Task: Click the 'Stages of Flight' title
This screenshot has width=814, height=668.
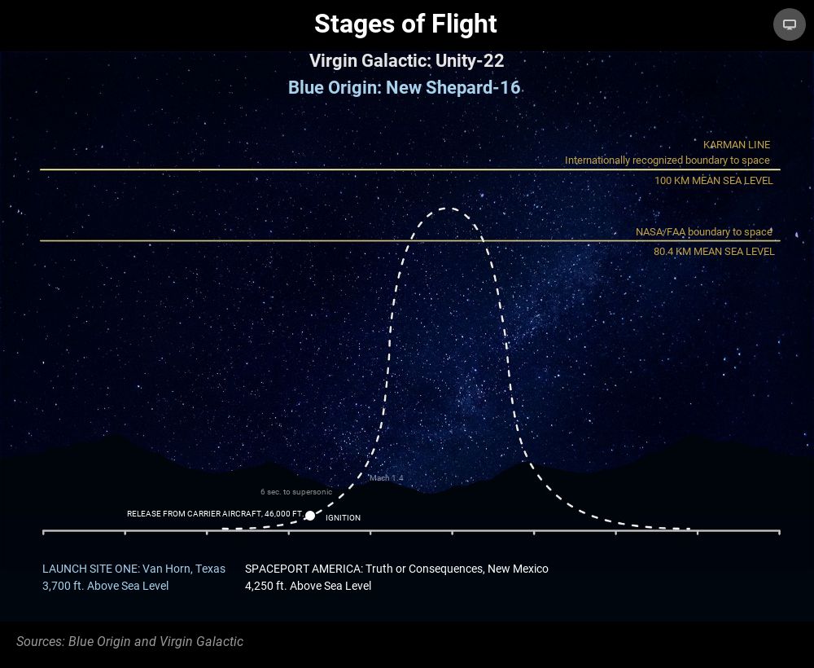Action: point(405,24)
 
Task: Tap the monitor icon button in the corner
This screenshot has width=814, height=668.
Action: point(789,24)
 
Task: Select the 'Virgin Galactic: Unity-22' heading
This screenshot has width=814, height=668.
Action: point(406,61)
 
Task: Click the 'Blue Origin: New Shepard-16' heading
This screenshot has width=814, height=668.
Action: point(404,87)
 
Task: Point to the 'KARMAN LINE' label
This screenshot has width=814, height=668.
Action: point(737,145)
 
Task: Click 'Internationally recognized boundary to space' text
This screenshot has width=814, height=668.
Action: point(667,160)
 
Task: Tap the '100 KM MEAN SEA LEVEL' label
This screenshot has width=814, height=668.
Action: point(713,181)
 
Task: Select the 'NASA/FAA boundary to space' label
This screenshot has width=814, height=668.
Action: point(704,231)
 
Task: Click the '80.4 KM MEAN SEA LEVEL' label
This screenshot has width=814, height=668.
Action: point(714,252)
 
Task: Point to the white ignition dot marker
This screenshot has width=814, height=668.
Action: point(310,516)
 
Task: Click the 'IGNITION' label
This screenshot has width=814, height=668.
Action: point(343,518)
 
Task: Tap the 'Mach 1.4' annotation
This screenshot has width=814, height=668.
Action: point(386,478)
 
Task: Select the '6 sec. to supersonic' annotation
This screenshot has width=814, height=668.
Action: point(296,492)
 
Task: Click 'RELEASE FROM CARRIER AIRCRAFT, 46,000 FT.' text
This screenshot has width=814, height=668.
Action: point(216,514)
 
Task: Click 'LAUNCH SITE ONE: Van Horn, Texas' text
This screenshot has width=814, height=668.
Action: point(134,569)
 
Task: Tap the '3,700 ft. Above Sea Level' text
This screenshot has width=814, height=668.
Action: point(105,586)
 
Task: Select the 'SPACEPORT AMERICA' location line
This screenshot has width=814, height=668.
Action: point(396,569)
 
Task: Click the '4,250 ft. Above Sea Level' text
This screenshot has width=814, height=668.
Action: point(308,586)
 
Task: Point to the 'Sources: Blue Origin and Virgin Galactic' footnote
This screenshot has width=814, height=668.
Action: point(129,641)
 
